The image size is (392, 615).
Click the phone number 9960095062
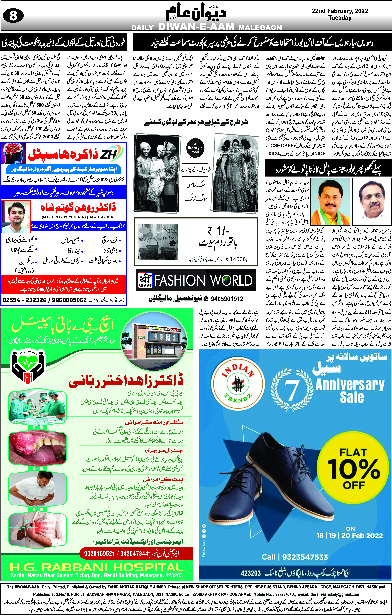(x=69, y=300)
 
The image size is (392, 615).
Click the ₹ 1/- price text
(x=218, y=231)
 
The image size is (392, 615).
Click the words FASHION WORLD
(x=203, y=280)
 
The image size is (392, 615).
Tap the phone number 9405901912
(x=227, y=299)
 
